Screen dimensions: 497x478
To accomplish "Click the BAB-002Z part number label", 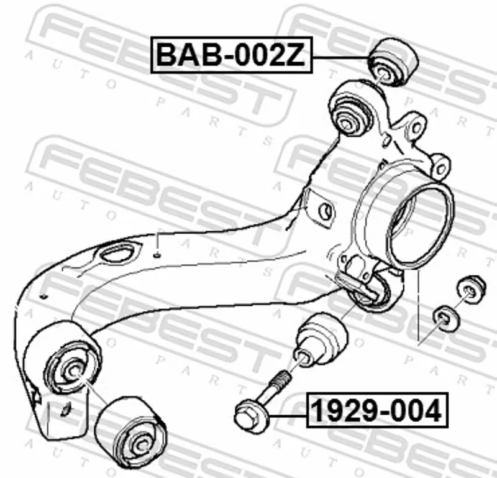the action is [x=231, y=55].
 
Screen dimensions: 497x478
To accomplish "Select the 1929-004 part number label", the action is [x=377, y=410].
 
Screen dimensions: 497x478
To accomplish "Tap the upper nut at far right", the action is [x=472, y=289].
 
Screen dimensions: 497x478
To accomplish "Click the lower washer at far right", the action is [x=445, y=318].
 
